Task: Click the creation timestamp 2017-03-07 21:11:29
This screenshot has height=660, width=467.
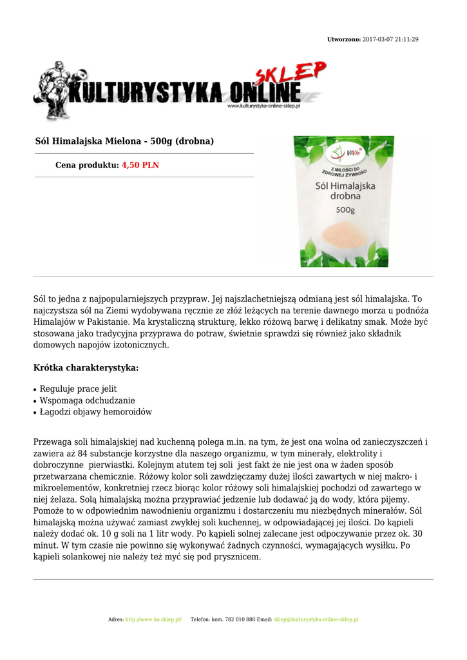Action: pos(390,40)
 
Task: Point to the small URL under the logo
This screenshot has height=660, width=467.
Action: pos(264,106)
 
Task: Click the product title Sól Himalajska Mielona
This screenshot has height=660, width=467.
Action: pos(124,141)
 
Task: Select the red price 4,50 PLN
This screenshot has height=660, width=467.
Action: pos(140,166)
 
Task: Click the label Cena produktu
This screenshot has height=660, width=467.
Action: pos(87,166)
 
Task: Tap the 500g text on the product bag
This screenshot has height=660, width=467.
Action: pos(345,209)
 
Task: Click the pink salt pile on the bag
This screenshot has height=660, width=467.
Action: pos(343,234)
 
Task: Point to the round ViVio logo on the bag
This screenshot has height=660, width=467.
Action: pos(338,153)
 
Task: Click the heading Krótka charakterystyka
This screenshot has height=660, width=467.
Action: pos(86,368)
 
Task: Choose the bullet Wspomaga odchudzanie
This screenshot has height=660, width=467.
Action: pos(87,401)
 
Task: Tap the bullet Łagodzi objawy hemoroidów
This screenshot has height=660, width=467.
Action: pos(96,412)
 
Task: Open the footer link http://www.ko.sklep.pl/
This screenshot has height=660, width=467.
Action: pos(153,619)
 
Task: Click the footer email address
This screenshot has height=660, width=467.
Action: pos(316,619)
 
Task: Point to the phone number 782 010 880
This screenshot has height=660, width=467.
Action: pos(242,619)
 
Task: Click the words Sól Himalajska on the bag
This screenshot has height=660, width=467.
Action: pos(345,185)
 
